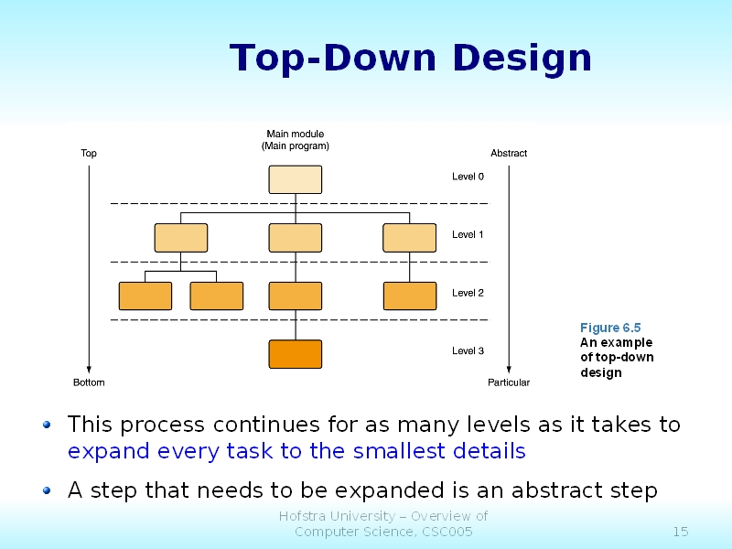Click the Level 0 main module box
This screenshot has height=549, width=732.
[295, 179]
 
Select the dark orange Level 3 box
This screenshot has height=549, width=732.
[295, 354]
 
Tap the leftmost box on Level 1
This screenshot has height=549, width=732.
[181, 237]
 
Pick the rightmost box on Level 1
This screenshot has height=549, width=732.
[409, 237]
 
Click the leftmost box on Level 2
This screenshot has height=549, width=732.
[145, 296]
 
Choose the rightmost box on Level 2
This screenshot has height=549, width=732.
[409, 296]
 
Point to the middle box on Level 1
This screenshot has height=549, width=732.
[295, 237]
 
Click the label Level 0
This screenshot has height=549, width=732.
[468, 177]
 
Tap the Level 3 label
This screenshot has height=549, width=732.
[468, 351]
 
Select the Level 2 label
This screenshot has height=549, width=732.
[468, 293]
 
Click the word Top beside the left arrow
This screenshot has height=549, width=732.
[89, 154]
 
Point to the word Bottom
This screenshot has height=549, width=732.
[89, 382]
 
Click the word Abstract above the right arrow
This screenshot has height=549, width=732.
[509, 154]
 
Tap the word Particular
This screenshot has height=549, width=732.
[509, 382]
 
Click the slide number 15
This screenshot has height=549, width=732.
[680, 532]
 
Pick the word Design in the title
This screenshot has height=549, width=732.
[522, 59]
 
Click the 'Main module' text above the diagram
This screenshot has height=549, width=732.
[295, 135]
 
